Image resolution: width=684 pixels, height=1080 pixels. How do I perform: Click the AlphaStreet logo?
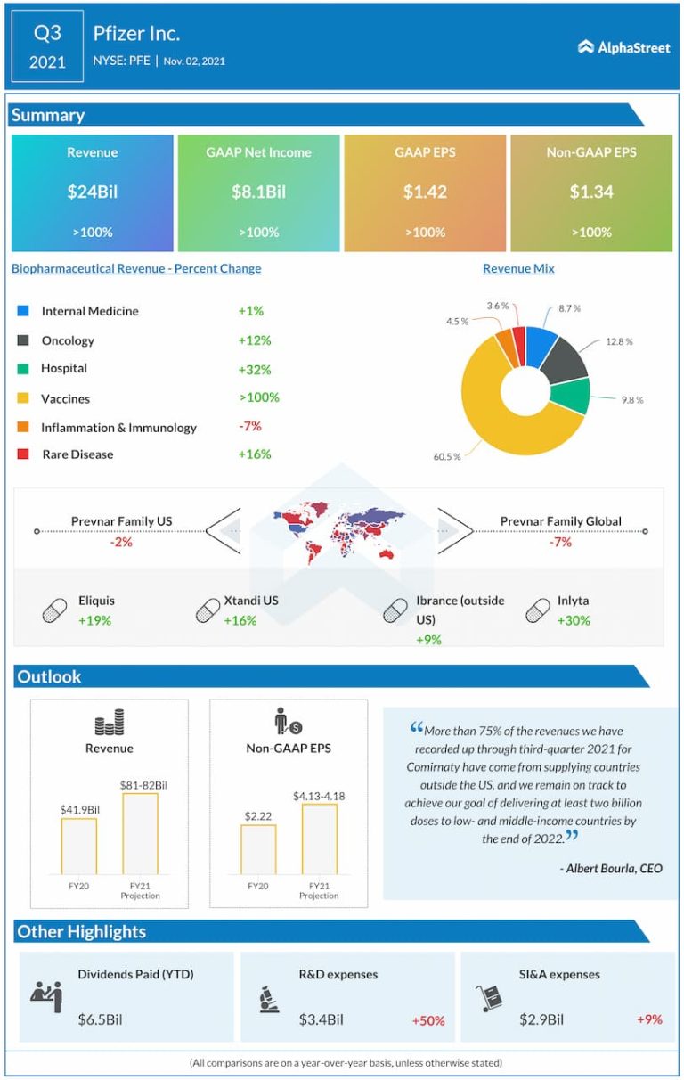(623, 47)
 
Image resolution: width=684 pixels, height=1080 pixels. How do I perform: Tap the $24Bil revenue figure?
(93, 192)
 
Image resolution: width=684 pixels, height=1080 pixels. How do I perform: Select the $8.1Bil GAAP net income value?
(258, 192)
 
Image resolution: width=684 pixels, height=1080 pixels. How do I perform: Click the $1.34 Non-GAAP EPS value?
(591, 192)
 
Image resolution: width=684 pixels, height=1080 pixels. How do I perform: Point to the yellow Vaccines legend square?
(23, 398)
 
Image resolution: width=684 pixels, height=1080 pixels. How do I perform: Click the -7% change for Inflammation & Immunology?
(249, 426)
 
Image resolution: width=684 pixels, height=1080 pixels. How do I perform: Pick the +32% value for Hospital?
(254, 369)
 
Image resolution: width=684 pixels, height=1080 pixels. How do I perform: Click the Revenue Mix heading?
(518, 268)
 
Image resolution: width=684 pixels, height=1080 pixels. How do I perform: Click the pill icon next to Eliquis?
(54, 610)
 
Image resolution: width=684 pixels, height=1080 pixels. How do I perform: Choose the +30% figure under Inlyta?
(574, 620)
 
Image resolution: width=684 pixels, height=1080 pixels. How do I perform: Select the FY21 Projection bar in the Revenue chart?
(140, 833)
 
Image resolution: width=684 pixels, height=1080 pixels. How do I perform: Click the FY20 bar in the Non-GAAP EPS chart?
(258, 848)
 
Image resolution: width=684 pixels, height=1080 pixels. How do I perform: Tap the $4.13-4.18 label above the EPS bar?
(319, 795)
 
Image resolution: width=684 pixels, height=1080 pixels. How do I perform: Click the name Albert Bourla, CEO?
(614, 868)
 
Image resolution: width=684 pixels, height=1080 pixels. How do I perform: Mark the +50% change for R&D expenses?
(427, 1020)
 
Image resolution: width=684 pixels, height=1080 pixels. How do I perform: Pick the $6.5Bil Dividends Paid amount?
(100, 1019)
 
